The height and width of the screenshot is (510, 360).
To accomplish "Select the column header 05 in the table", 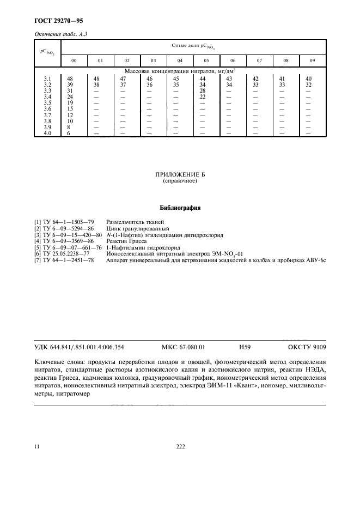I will [x=206, y=60].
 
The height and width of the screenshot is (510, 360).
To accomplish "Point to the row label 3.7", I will [x=47, y=115].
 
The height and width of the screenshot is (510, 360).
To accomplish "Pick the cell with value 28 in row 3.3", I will [x=203, y=90].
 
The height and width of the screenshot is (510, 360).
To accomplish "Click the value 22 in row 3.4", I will [x=203, y=96].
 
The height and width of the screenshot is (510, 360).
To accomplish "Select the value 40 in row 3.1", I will [x=309, y=78].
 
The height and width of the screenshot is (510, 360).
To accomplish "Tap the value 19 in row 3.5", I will [x=70, y=103].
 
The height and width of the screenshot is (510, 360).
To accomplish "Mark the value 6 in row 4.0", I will [x=69, y=133].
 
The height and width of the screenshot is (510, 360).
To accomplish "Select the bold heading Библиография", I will [x=180, y=208].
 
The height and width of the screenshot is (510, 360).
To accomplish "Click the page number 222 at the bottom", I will [x=181, y=446].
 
